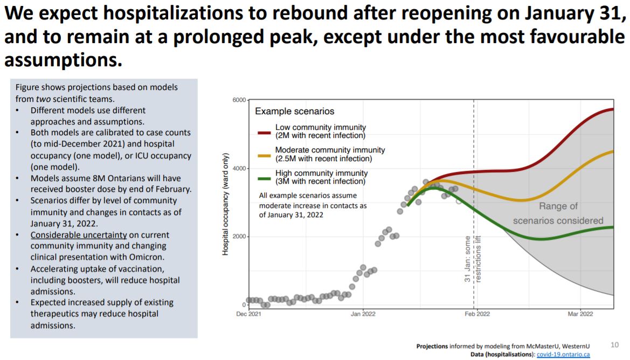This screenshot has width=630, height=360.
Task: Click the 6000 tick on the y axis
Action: click(239, 100)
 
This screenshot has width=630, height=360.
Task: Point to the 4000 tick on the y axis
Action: click(239, 169)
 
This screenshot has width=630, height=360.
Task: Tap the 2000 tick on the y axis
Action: click(239, 237)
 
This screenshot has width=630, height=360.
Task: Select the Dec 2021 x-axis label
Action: click(248, 314)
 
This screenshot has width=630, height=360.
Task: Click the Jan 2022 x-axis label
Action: click(363, 314)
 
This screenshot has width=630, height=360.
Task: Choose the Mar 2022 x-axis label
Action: click(579, 314)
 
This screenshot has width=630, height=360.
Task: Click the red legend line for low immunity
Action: click(264, 131)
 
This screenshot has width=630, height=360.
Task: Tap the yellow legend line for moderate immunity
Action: click(264, 154)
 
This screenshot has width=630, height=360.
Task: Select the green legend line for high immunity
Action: click(264, 177)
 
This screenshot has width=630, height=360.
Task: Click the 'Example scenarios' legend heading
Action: click(294, 112)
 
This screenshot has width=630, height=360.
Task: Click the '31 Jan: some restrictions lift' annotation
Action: click(472, 259)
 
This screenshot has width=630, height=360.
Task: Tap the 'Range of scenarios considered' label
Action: click(558, 213)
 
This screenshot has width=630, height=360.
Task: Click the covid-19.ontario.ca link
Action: click(563, 354)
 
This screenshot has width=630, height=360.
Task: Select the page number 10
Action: click(615, 345)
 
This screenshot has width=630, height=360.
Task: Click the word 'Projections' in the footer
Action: click(432, 346)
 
